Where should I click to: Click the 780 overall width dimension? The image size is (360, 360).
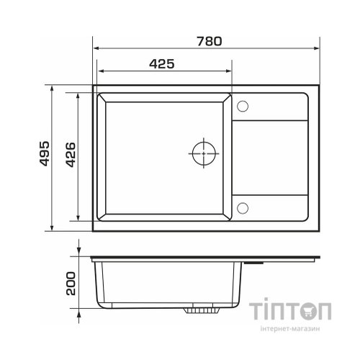point(210,41)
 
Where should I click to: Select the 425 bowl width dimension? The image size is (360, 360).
point(162,64)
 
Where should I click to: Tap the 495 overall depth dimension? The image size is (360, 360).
point(45,153)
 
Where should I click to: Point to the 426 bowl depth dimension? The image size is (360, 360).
point(71,155)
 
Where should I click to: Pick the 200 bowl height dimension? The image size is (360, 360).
point(71,283)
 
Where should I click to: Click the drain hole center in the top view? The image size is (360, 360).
point(204,153)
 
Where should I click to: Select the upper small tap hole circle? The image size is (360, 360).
point(243,106)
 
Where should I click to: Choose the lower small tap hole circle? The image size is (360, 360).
point(243,208)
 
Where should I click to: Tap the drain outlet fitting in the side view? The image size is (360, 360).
point(202,310)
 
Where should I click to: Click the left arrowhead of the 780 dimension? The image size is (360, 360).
point(96,48)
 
